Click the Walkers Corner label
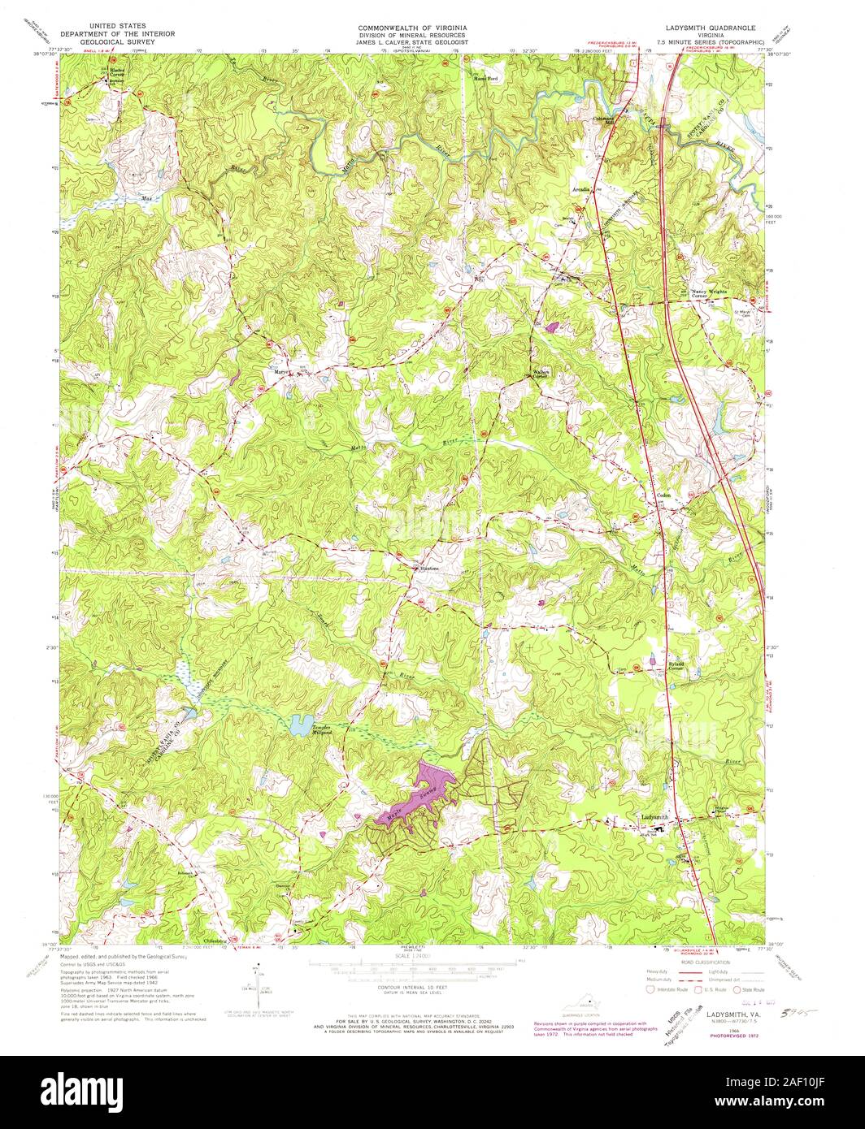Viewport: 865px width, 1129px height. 541,374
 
